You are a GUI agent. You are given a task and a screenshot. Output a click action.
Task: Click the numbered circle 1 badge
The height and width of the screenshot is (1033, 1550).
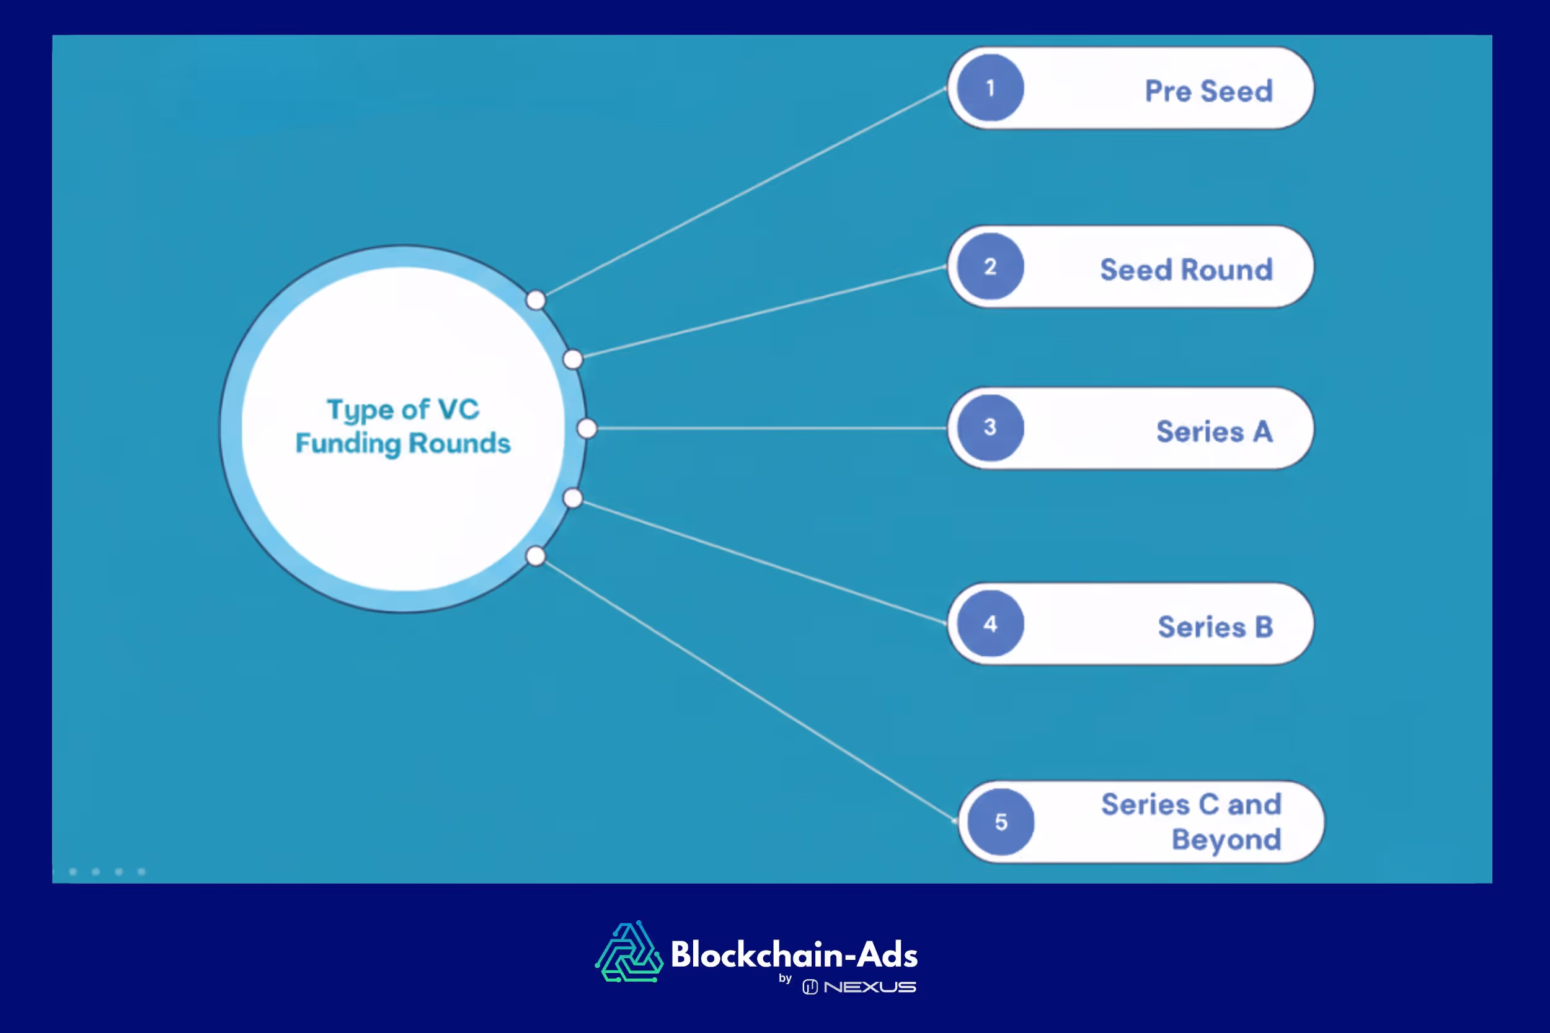tap(990, 87)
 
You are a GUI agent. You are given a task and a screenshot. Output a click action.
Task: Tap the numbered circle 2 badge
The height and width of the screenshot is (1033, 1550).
tap(990, 266)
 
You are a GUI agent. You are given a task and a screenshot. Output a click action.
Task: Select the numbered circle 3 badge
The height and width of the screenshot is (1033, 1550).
tap(990, 428)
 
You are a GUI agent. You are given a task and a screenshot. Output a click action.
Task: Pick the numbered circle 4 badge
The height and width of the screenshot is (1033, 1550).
tap(990, 623)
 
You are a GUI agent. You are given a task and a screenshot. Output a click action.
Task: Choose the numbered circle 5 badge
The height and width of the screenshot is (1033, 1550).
tap(1001, 822)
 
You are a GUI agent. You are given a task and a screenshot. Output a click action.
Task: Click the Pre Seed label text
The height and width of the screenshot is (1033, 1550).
tap(1208, 91)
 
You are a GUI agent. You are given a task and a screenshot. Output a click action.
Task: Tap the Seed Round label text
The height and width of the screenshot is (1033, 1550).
tap(1185, 270)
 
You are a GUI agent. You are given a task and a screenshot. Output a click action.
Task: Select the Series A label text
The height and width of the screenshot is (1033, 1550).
tap(1214, 431)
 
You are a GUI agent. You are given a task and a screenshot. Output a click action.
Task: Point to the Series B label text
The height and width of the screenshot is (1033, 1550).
tap(1215, 626)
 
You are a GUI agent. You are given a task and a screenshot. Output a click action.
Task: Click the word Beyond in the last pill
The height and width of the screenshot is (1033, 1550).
tap(1226, 839)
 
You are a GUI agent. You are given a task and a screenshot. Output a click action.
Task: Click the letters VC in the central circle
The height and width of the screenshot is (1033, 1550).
tap(459, 410)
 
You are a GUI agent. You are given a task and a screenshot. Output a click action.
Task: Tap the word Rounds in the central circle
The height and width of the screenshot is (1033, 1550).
tap(459, 443)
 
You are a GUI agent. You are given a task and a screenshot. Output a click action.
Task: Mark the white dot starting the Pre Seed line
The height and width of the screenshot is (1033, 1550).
tap(536, 301)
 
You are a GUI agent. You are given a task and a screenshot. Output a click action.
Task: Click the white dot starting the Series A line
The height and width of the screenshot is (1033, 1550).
tap(587, 428)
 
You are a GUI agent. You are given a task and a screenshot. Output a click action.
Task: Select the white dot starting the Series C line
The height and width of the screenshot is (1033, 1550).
tap(536, 556)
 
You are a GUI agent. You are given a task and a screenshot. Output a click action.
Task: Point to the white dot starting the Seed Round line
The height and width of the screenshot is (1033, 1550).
tap(573, 359)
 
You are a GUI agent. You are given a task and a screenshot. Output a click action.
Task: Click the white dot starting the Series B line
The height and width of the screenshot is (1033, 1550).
tap(573, 498)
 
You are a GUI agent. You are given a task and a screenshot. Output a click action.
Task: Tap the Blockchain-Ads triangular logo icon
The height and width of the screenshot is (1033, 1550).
tap(629, 952)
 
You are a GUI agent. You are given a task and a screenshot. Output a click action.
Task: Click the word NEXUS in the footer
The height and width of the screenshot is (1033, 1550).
tap(869, 987)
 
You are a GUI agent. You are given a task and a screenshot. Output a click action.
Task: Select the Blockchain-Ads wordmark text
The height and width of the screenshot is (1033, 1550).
tap(794, 954)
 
